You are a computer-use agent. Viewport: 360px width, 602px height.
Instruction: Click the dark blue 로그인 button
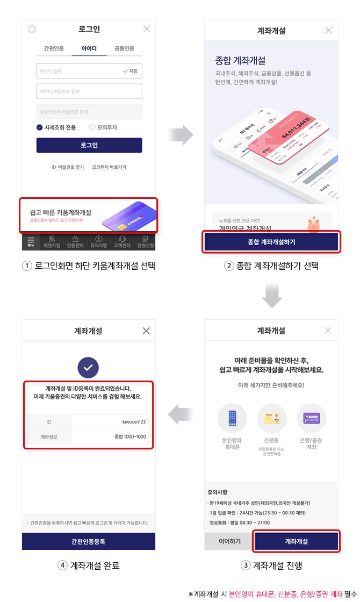coord(89,145)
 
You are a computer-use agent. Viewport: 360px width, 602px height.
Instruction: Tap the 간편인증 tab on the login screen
coord(54,48)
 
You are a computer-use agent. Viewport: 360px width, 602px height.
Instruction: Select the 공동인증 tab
coord(124,48)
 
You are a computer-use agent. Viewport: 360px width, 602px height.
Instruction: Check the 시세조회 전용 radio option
coord(40,127)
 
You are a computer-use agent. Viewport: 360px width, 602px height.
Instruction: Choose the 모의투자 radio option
coord(92,127)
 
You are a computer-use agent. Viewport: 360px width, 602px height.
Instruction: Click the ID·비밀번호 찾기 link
coord(68,167)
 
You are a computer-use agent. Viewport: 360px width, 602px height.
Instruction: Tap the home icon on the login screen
coord(32,29)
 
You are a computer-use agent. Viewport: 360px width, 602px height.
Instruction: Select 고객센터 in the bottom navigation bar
coord(122,242)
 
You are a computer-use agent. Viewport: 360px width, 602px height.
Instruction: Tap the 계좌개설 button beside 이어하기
coord(297,541)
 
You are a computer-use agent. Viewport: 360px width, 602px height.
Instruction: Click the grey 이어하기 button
coord(229,541)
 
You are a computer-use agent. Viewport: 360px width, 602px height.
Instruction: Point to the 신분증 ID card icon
coord(271,418)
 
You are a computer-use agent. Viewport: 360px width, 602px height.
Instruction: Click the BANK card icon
coord(311,418)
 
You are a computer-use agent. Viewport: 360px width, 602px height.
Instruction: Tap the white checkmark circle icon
coord(88,368)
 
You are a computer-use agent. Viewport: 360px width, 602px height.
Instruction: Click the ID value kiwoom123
coord(134,422)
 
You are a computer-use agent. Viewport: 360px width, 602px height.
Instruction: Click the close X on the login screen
coord(147,29)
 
